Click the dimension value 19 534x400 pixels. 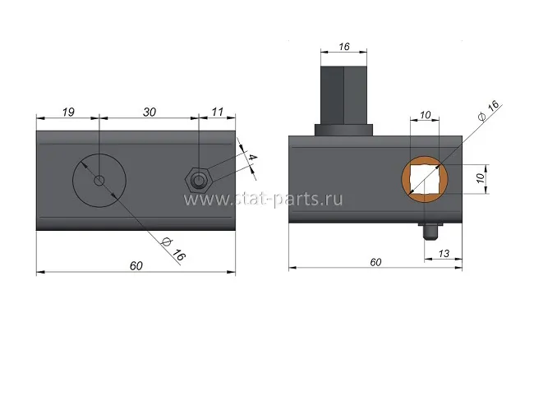tap(68, 112)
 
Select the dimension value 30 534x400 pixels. tap(150, 112)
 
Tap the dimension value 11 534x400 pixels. tap(217, 112)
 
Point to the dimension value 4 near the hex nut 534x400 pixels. tap(252, 158)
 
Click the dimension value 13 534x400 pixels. tap(444, 253)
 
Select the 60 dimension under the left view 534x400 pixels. tap(136, 265)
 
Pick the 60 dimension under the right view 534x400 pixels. tap(375, 262)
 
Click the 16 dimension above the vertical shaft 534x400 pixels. tap(344, 47)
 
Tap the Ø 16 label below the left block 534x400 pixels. tap(174, 249)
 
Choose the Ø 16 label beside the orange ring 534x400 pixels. tap(489, 110)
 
